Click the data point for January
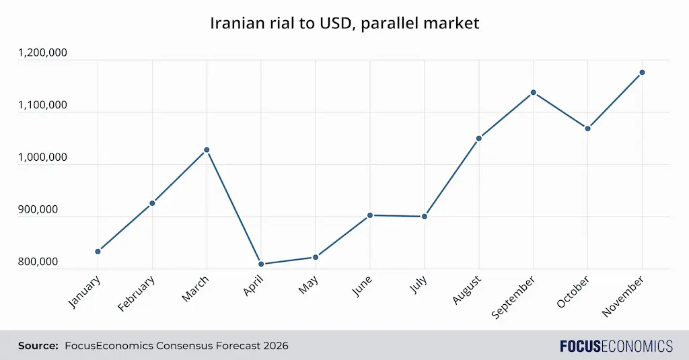coord(98,251)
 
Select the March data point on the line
coord(207,149)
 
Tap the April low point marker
coord(261,264)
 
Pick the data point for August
coord(478,138)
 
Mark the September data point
coord(533,92)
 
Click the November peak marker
coord(642,72)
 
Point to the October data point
coord(587,128)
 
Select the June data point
coord(370,215)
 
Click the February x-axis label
coord(137,293)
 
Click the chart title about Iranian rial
coord(344,23)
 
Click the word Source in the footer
coord(38,346)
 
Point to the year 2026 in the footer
coord(275,346)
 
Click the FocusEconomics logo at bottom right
coord(616,346)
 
